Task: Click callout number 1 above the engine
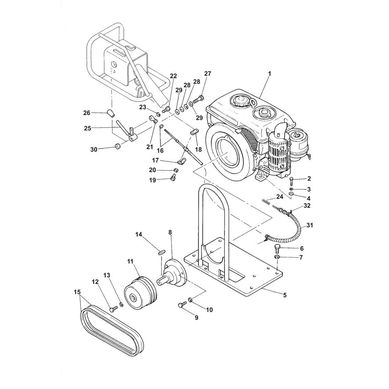[x=269, y=74]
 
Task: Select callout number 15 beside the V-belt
[x=77, y=292]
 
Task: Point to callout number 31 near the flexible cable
[x=310, y=225]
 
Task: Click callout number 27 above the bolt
[x=208, y=74]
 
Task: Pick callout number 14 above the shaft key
[x=138, y=234]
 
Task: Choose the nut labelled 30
[x=118, y=147]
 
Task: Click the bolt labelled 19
[x=173, y=177]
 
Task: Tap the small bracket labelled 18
[x=194, y=131]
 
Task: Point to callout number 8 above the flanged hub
[x=170, y=232]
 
